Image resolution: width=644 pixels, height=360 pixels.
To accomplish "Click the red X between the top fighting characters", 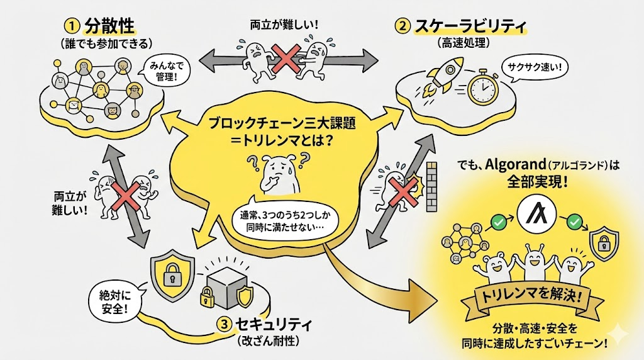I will (285, 60).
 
